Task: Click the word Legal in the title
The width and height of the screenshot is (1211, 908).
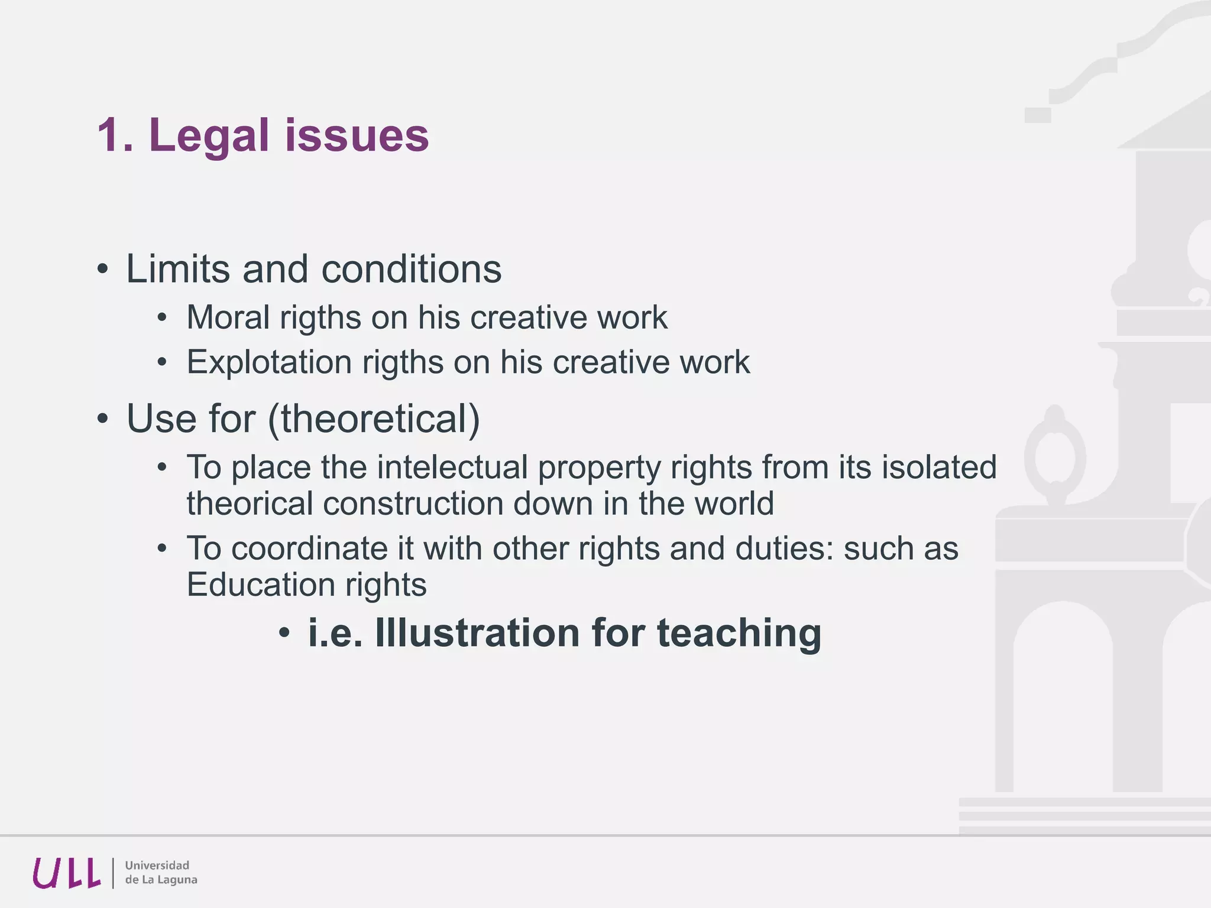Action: (209, 136)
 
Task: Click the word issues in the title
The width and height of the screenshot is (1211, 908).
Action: (357, 136)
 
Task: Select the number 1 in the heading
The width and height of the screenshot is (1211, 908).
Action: (108, 136)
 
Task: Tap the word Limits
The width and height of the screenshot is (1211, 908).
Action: (178, 269)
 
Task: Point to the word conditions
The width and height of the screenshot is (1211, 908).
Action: (411, 269)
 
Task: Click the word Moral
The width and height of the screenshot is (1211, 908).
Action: (228, 317)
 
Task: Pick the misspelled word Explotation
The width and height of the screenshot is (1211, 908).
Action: (269, 362)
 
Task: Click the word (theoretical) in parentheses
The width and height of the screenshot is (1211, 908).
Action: (374, 419)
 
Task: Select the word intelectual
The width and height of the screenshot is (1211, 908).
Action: (452, 467)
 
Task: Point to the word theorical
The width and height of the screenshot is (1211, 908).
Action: (250, 504)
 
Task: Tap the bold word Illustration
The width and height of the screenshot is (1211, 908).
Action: (478, 633)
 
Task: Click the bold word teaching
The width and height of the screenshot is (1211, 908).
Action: (739, 634)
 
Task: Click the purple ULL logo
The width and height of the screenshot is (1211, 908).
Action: (66, 873)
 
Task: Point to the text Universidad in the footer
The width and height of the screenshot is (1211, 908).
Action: (157, 865)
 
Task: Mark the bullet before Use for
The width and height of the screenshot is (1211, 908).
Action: (103, 419)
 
